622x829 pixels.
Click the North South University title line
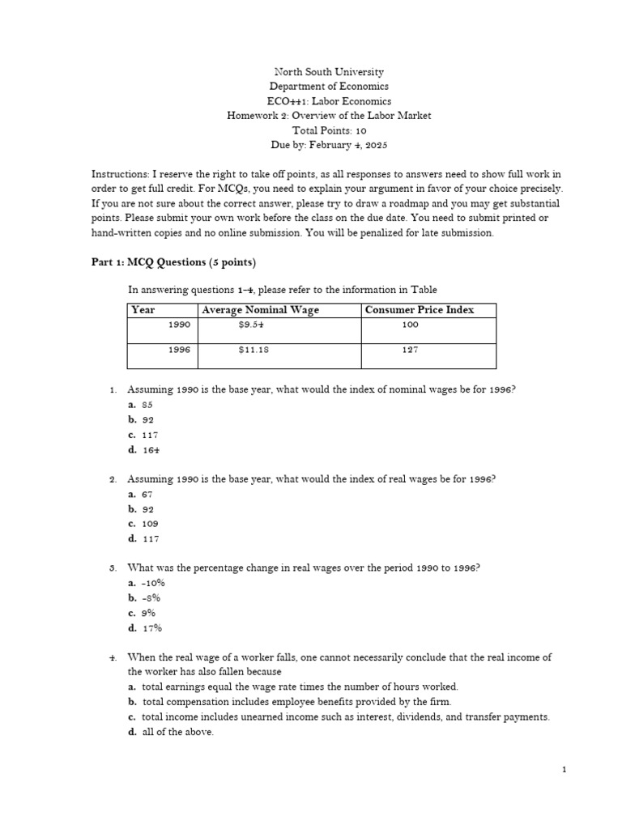329,72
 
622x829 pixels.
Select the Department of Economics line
329,87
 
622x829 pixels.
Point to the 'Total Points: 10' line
329,130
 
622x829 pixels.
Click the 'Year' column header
143,310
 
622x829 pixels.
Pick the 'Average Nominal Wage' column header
260,310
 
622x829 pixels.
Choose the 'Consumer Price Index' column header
420,310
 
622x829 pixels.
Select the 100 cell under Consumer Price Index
410,324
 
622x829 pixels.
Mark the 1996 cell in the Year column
179,350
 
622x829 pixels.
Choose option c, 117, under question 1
149,435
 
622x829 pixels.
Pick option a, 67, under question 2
147,494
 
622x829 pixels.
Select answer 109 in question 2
149,524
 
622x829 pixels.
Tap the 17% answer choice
151,627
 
